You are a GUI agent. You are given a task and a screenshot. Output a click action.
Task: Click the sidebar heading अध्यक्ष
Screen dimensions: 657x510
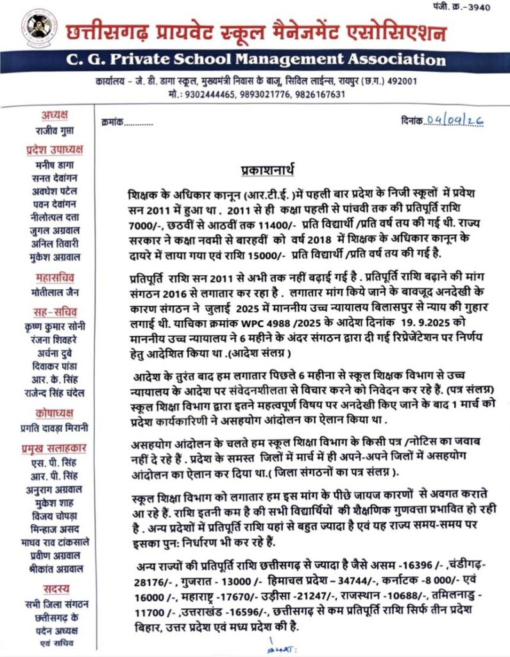55,115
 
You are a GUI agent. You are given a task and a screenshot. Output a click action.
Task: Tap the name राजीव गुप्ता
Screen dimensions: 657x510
55,130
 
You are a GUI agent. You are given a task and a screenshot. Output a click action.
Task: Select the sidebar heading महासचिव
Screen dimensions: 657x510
55,277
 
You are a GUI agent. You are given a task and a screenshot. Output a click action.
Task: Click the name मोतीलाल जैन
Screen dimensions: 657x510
55,293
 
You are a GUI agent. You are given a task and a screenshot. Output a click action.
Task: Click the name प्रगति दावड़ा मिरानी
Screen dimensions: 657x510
55,427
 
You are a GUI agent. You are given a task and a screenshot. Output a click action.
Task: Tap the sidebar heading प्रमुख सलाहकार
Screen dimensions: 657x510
55,448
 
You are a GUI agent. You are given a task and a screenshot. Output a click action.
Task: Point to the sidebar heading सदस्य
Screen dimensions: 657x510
55,588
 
